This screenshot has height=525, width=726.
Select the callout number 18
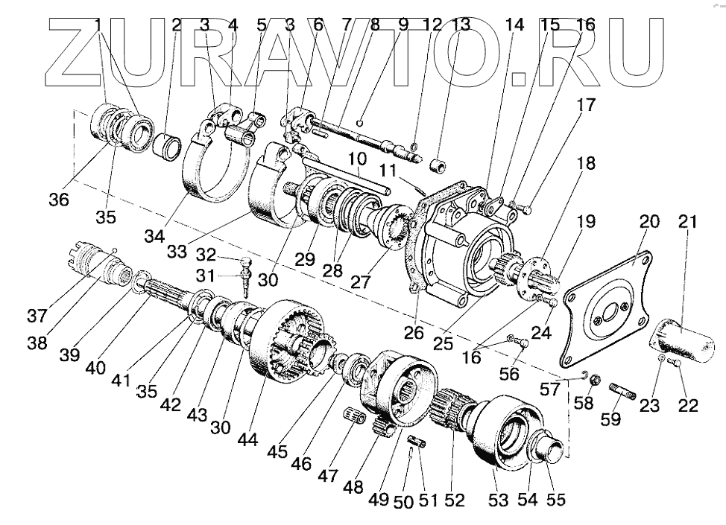(585, 164)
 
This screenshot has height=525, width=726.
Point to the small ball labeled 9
(361, 123)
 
